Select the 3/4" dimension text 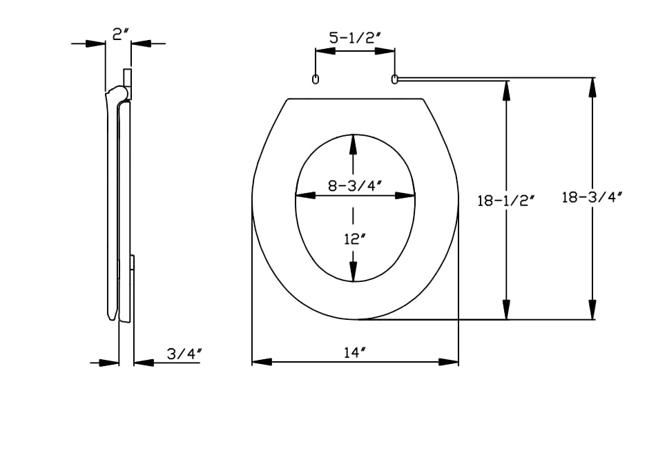coord(184,354)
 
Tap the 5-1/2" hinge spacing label coord(355,38)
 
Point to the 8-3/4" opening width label coord(355,185)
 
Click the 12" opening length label coord(355,239)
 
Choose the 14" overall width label coord(355,353)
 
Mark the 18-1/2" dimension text coord(506,201)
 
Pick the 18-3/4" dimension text coord(592,196)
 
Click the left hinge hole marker coord(316,79)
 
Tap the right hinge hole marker coord(394,79)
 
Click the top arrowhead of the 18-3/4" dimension coord(592,88)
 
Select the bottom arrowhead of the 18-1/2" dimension coord(506,310)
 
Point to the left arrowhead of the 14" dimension coord(262,362)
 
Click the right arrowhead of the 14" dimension coord(448,362)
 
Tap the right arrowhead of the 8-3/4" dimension coord(405,195)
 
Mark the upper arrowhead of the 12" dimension coord(354,145)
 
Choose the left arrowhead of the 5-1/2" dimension coord(325,51)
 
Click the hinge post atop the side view coord(128,84)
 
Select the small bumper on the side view coord(133,263)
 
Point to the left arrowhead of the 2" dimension coord(95,43)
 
